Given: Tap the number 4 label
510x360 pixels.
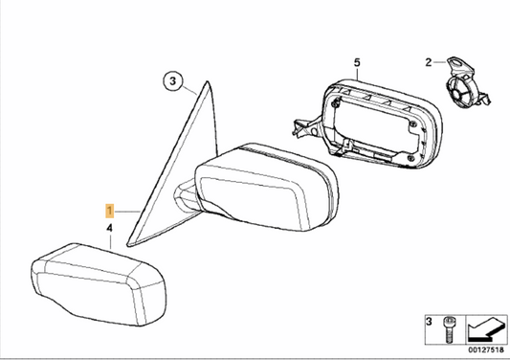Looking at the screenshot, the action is [x=110, y=228].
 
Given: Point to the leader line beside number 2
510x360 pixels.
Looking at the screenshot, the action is [x=443, y=63].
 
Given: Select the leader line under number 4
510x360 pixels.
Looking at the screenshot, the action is [x=111, y=240].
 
